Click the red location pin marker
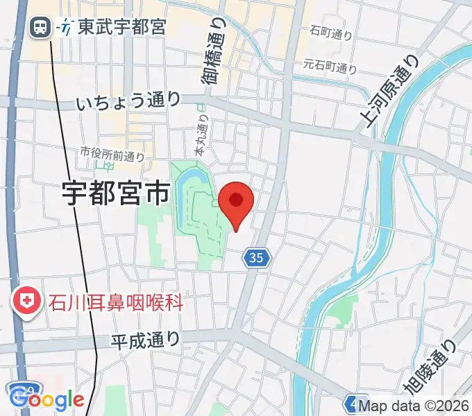(236, 202)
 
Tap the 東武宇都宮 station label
(121, 28)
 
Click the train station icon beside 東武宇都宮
(39, 28)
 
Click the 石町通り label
(331, 32)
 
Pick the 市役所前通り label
(111, 152)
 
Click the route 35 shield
(255, 259)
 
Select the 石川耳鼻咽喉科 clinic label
(116, 302)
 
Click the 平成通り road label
(145, 340)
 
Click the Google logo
(47, 399)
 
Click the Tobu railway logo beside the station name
(67, 28)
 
